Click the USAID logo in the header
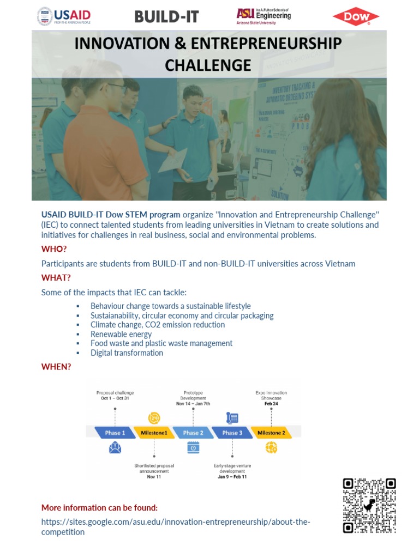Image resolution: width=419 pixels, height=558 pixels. (64, 16)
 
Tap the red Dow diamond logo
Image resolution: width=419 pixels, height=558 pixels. (355, 16)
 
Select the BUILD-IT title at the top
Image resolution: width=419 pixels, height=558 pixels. (167, 16)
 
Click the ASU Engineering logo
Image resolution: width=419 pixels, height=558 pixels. (264, 16)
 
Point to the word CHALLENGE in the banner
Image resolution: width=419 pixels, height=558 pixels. (208, 65)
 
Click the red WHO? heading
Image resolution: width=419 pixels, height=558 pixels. (54, 249)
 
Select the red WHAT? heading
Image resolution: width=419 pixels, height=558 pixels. (56, 278)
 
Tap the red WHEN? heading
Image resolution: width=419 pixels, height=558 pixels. (56, 366)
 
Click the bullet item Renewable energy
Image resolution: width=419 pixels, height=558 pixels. (121, 334)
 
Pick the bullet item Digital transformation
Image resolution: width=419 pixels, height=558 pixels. (127, 353)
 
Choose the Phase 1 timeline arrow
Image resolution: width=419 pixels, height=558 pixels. (115, 433)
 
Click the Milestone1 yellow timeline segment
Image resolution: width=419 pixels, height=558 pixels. (154, 433)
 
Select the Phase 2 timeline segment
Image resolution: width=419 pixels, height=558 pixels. (191, 433)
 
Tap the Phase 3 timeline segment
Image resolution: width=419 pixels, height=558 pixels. (231, 433)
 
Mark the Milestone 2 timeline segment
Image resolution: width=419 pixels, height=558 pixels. (271, 433)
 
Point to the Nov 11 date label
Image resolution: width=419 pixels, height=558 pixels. (154, 477)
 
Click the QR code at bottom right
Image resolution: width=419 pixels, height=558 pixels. (369, 505)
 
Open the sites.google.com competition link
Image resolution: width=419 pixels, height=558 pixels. (175, 522)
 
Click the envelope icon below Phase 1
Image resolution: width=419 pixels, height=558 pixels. (115, 448)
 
